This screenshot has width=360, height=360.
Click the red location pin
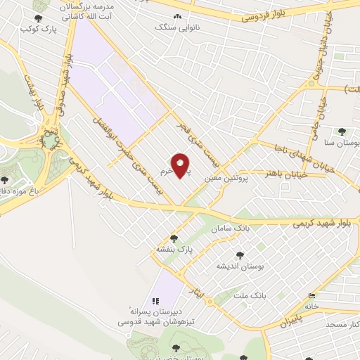(181, 165)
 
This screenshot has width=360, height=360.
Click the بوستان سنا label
(340, 142)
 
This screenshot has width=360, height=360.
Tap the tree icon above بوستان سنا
(342, 131)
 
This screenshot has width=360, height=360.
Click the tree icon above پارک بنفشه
(174, 238)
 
